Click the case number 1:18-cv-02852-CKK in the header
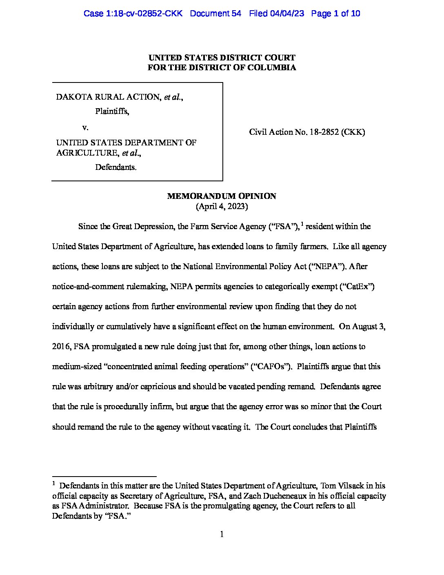[133, 13]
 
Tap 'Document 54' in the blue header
[215, 13]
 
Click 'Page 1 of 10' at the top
[335, 13]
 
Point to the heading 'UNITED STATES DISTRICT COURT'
[222, 58]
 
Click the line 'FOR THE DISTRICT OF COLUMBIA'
[222, 68]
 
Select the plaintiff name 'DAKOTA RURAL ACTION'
[109, 97]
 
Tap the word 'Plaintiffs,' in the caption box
[112, 111]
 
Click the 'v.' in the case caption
[85, 127]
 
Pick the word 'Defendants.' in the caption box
[116, 167]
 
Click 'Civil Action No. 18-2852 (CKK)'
[307, 132]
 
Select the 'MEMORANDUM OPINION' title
[222, 196]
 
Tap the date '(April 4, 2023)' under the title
[222, 206]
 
